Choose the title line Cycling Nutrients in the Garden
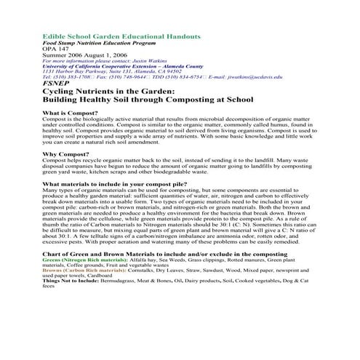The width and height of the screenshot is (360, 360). (x=108, y=91)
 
